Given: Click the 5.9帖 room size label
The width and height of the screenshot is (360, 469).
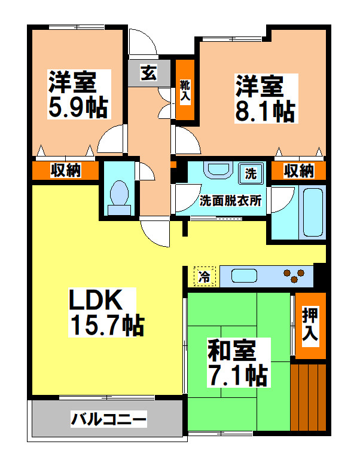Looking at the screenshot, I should tap(78, 107).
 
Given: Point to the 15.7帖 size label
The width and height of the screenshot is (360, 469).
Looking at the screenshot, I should tap(107, 325).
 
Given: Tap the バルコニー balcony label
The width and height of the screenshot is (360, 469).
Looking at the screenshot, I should tap(108, 419).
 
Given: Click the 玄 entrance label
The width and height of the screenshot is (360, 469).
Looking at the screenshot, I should tap(148, 73).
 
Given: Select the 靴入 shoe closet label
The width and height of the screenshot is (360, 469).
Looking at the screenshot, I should tap(185, 89).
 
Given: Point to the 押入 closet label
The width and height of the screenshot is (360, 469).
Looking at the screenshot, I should tap(310, 326).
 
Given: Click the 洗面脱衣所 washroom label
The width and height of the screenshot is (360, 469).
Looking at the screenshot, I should tap(231, 201).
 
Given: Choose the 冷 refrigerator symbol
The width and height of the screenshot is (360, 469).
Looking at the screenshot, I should tap(205, 277).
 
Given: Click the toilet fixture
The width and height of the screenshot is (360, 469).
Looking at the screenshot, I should tap(119, 197).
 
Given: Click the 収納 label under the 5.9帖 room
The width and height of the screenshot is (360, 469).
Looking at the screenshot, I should tap(65, 171).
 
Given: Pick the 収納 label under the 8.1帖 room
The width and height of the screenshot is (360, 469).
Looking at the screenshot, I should tap(298, 171).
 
